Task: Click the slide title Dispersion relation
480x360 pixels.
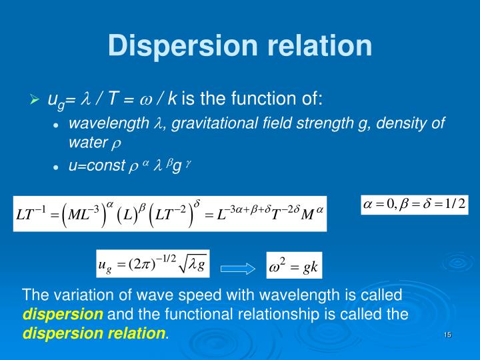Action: pyautogui.click(x=240, y=45)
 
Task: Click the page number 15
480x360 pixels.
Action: pyautogui.click(x=447, y=334)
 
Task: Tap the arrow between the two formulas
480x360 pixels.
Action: pyautogui.click(x=237, y=269)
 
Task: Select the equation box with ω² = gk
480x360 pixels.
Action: pyautogui.click(x=294, y=267)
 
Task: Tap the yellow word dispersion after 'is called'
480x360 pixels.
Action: pyautogui.click(x=63, y=314)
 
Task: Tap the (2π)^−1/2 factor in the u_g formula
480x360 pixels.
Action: pyautogui.click(x=150, y=266)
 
